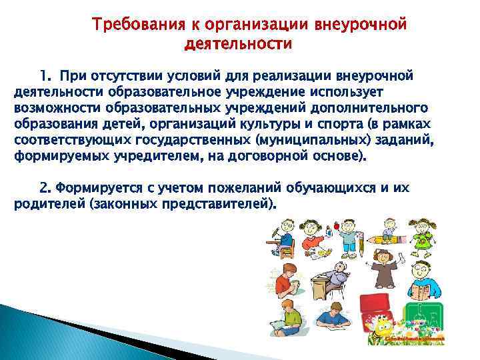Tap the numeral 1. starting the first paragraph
45,74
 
